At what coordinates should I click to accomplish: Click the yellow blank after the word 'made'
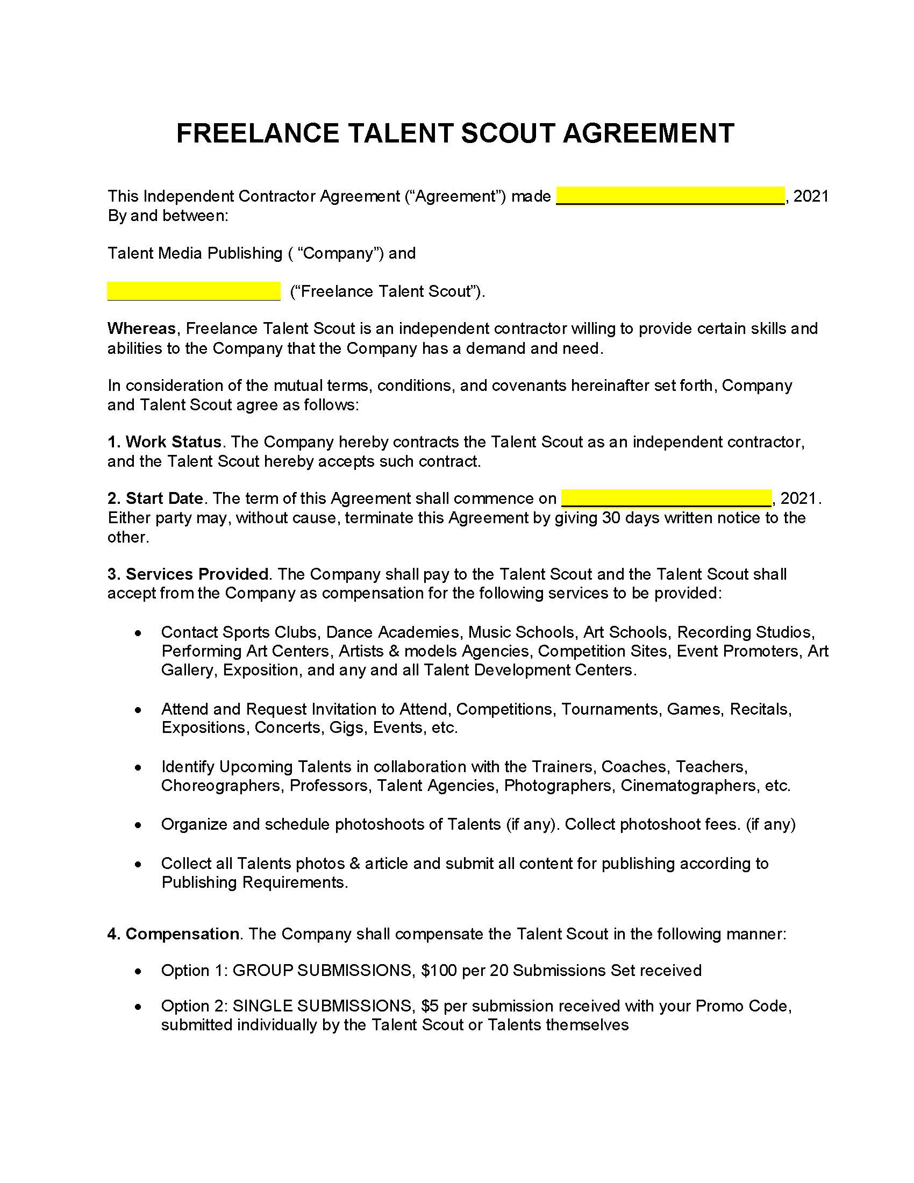click(670, 196)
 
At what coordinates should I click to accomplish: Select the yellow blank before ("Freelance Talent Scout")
click(194, 291)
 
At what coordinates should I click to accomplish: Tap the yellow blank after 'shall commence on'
click(666, 498)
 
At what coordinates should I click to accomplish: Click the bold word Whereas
click(141, 328)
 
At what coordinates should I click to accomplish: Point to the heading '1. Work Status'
click(164, 441)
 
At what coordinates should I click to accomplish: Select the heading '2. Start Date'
click(155, 498)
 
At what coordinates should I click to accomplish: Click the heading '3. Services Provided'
click(187, 574)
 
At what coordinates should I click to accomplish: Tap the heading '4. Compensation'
click(173, 934)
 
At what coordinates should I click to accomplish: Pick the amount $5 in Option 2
click(430, 1006)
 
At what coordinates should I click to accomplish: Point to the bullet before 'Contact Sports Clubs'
click(139, 633)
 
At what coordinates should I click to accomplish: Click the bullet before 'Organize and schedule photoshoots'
click(139, 824)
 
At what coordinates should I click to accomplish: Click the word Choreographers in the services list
click(221, 786)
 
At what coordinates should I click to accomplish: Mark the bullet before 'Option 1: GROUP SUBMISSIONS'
click(139, 971)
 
